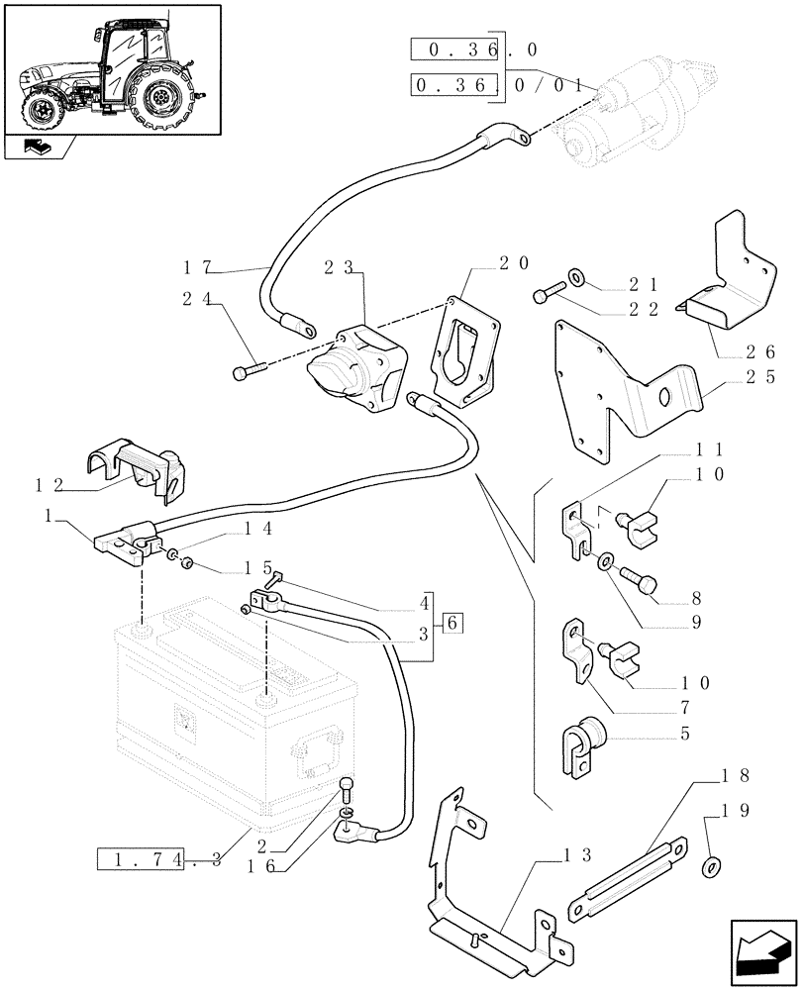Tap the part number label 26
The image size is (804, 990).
point(761,351)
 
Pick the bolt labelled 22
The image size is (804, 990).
point(550,292)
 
